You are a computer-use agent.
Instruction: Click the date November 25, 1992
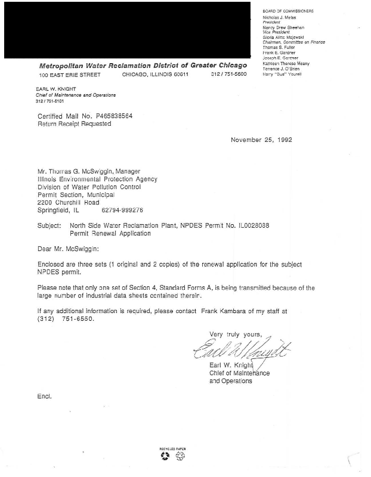(261, 141)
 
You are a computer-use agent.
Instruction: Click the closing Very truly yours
(236, 334)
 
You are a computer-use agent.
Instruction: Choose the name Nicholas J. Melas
(281, 18)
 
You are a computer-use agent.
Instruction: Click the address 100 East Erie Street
(70, 75)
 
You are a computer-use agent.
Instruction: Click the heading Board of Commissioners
(288, 11)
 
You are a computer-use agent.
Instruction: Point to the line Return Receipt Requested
(74, 124)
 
